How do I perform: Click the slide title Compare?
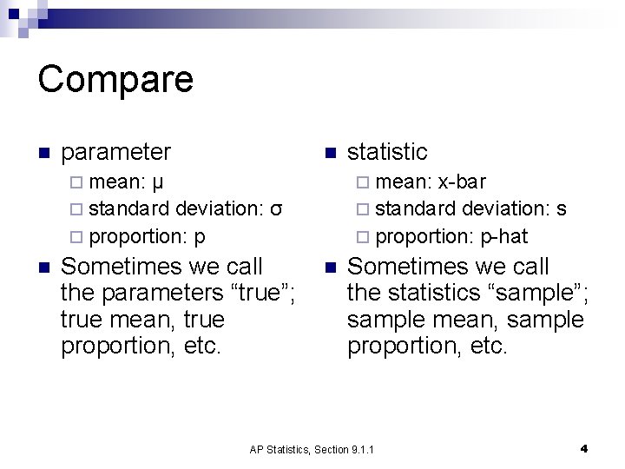coord(115,79)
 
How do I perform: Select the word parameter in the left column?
coord(117,152)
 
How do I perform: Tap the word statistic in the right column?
coord(387,152)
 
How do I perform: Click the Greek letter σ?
coord(275,209)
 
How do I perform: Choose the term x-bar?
coord(462,182)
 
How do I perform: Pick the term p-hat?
coord(503,236)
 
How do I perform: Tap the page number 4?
coord(584,448)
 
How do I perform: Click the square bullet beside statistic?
coord(329,154)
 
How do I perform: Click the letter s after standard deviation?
coord(562,209)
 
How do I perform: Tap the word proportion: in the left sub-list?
coord(139,236)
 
